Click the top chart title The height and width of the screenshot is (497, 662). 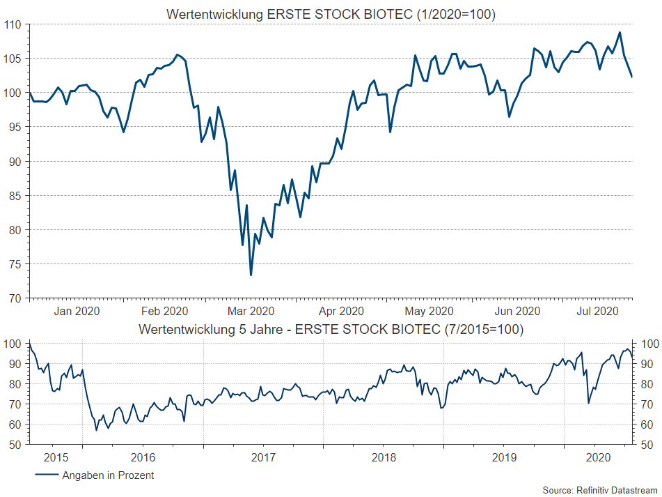tap(331, 14)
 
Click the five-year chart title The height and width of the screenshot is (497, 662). tap(331, 328)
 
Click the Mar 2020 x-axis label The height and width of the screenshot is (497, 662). tap(251, 311)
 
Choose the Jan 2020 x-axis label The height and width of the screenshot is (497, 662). tap(77, 311)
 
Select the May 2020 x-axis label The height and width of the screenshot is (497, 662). tap(430, 311)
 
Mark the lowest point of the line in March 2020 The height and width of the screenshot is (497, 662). tap(251, 275)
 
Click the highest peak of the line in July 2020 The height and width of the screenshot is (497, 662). tap(620, 32)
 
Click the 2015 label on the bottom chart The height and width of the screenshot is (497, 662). tap(56, 457)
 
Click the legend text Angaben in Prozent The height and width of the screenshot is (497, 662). tap(108, 475)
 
